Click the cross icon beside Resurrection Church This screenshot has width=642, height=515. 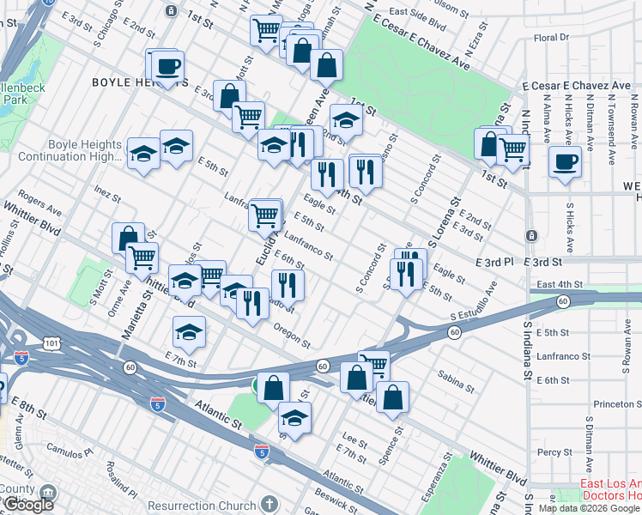pos(269,504)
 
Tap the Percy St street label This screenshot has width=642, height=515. pos(554,452)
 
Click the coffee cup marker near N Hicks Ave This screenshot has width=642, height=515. pos(564,162)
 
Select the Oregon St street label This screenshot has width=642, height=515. pos(292,330)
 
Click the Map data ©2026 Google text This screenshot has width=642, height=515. pos(589,507)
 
